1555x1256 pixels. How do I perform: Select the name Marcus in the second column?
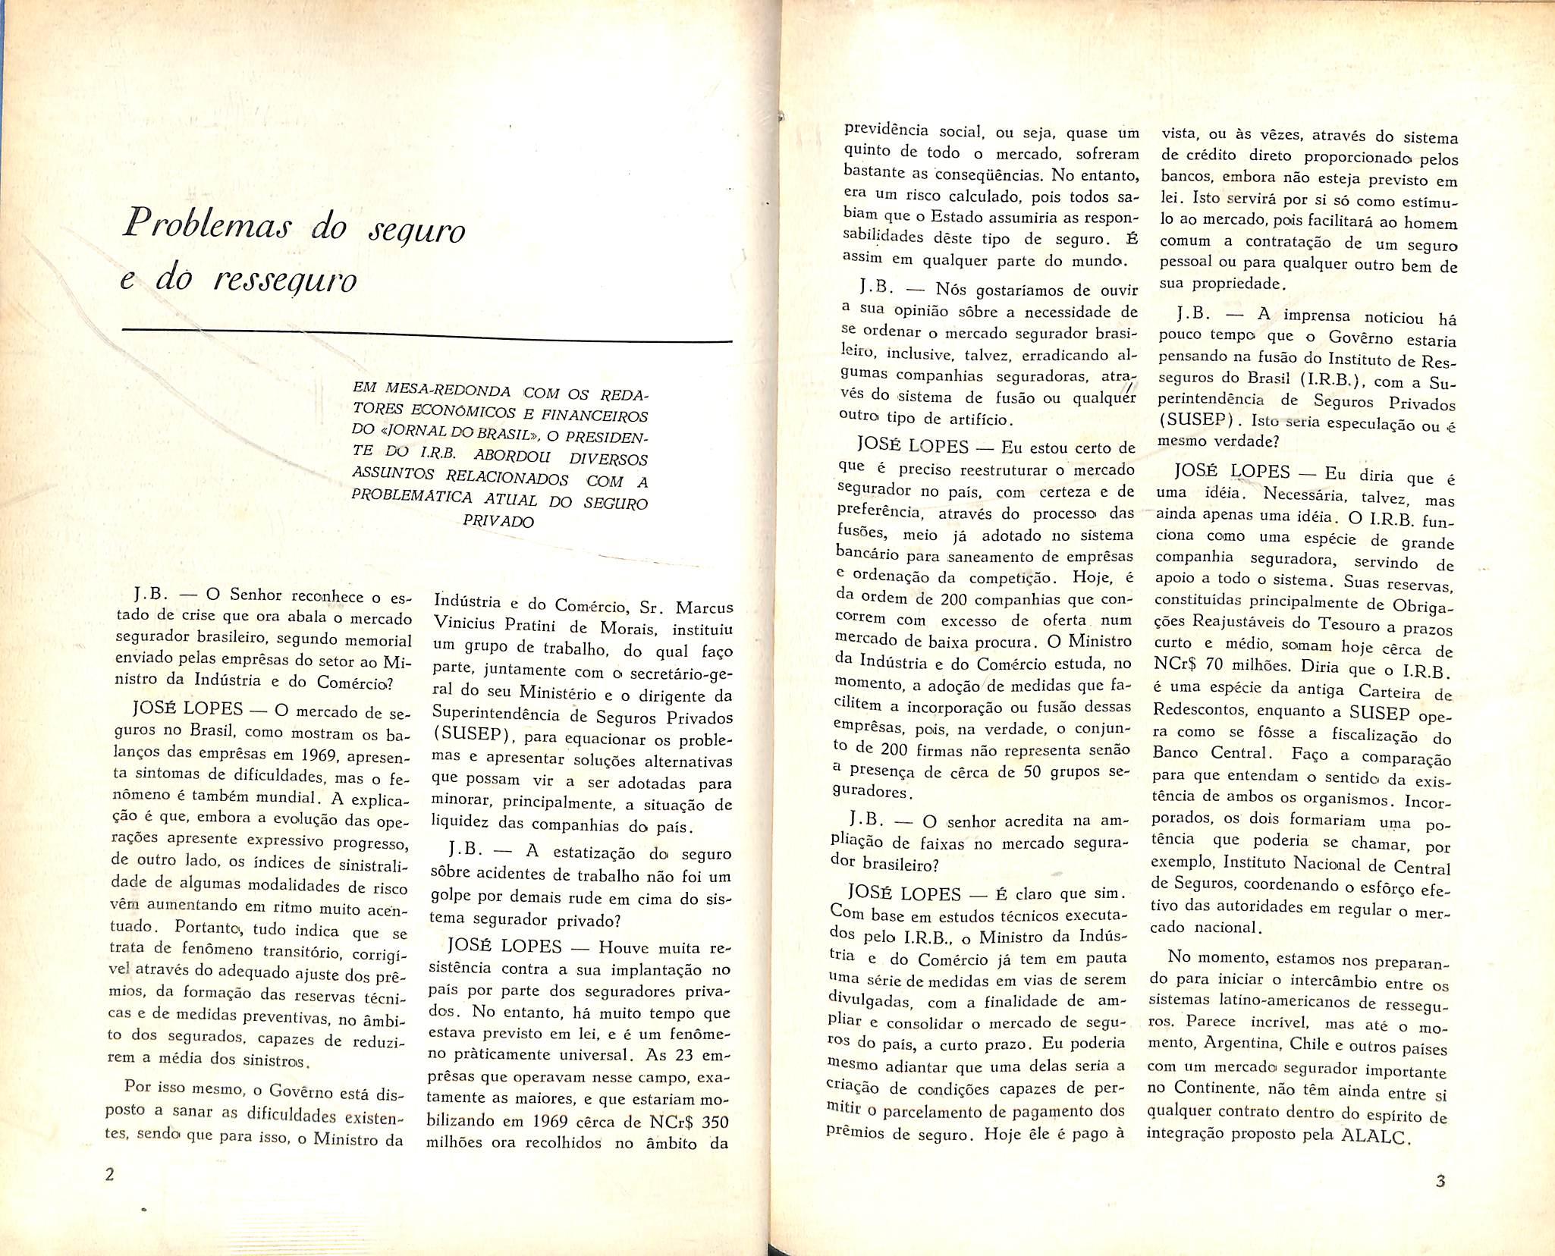tap(705, 608)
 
